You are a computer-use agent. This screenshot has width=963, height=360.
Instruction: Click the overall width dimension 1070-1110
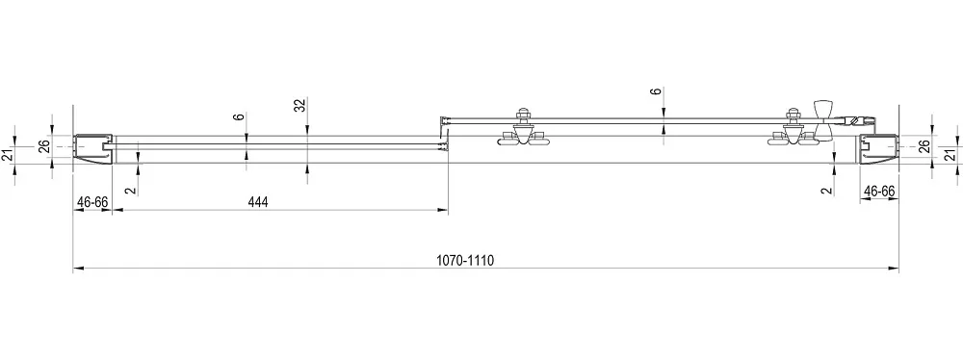(x=465, y=260)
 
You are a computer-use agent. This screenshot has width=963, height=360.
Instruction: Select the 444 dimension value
(x=258, y=202)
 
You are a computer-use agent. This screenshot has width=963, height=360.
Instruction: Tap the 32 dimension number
(x=299, y=105)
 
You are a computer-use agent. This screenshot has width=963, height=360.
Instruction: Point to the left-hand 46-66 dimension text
(x=92, y=202)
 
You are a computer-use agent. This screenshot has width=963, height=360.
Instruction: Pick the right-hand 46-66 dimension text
(x=879, y=192)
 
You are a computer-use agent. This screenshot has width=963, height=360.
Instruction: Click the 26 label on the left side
(x=43, y=147)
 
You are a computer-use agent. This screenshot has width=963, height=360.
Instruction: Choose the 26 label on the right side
(x=924, y=147)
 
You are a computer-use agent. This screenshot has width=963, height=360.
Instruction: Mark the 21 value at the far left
(x=8, y=154)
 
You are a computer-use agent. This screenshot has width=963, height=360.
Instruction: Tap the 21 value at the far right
(x=950, y=154)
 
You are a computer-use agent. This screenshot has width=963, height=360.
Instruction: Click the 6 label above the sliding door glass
(x=657, y=91)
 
